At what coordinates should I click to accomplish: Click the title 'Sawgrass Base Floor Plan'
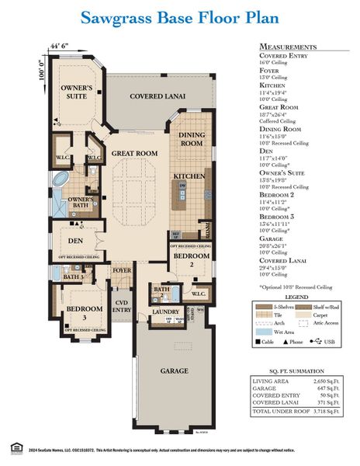179,16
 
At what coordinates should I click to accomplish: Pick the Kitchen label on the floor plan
189,177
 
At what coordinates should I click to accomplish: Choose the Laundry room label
164,312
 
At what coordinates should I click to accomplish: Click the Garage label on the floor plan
174,371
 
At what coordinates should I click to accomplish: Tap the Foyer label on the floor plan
122,271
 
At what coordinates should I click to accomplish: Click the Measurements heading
288,47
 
